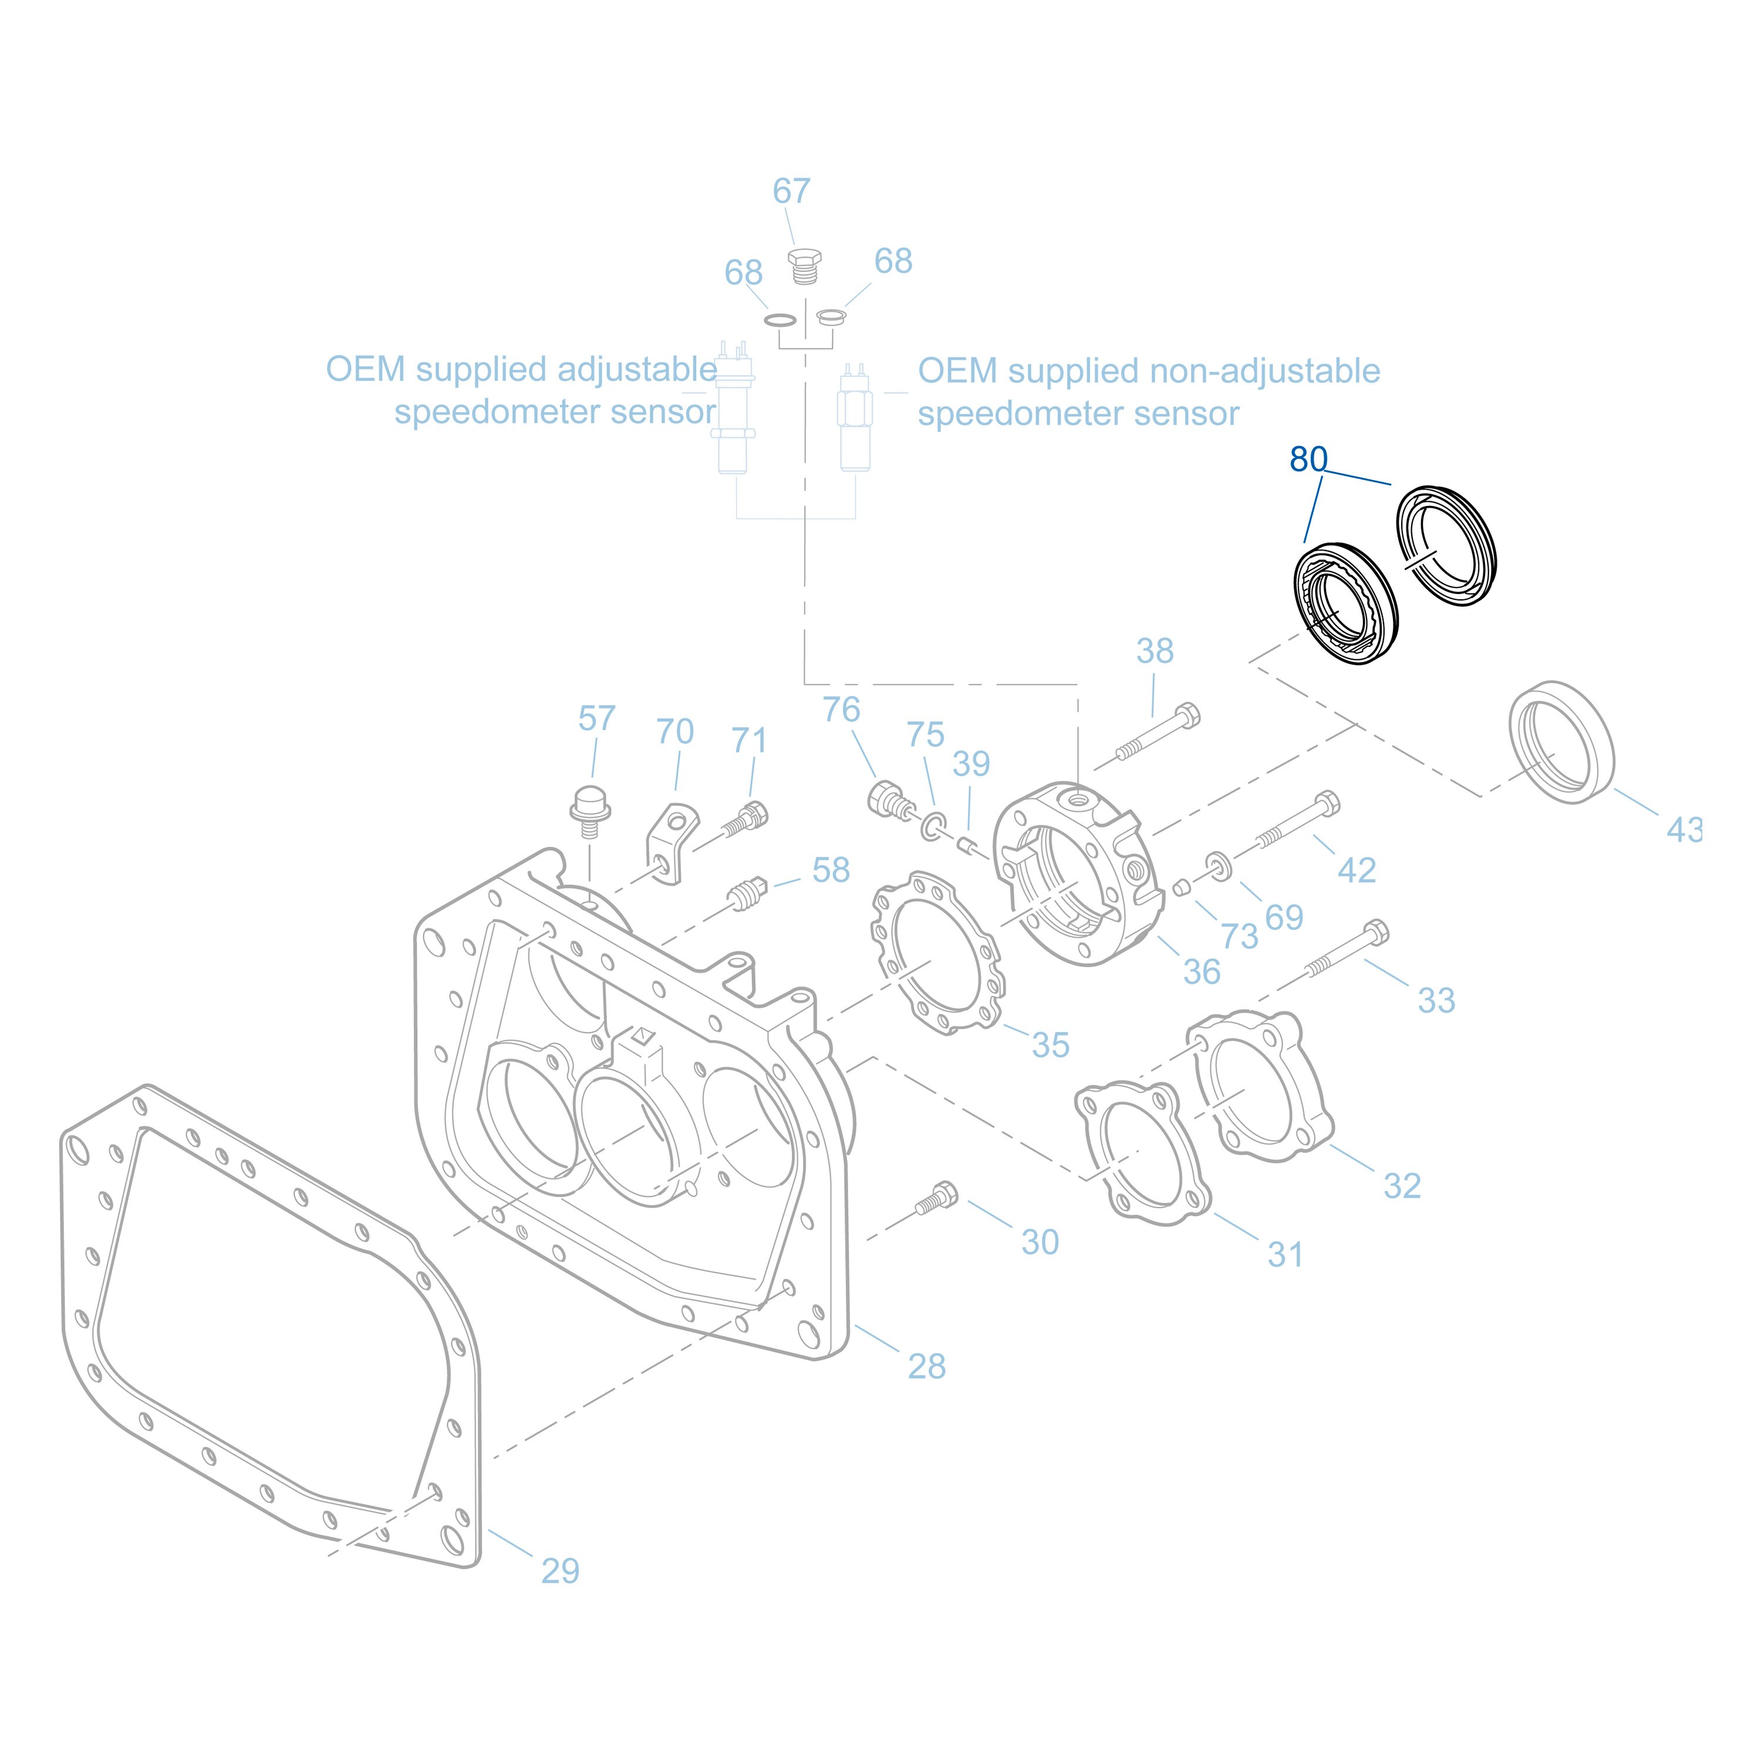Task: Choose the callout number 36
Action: point(1202,971)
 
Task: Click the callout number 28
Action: point(926,1367)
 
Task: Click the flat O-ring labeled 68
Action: point(780,320)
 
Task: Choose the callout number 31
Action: point(1285,1255)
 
